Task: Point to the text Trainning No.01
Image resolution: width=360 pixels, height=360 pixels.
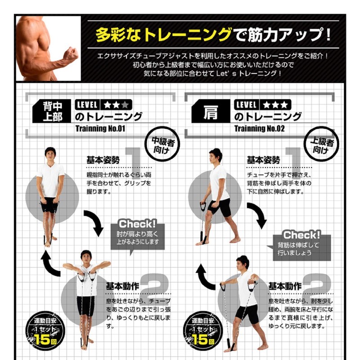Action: tap(99, 129)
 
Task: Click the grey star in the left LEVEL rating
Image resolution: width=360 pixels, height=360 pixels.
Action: tap(125, 105)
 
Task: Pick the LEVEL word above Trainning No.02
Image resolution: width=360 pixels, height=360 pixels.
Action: tap(246, 105)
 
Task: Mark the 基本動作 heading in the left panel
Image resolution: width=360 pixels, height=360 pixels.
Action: tap(122, 286)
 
